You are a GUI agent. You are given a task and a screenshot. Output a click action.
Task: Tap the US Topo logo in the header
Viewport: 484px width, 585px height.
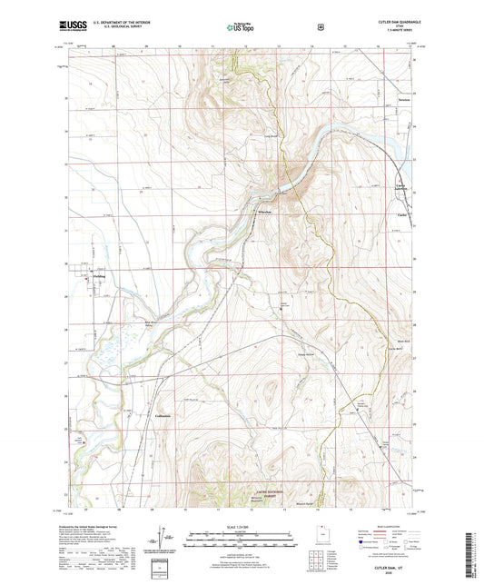pos(241,28)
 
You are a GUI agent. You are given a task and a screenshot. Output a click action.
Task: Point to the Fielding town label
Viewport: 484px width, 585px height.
pos(99,277)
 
